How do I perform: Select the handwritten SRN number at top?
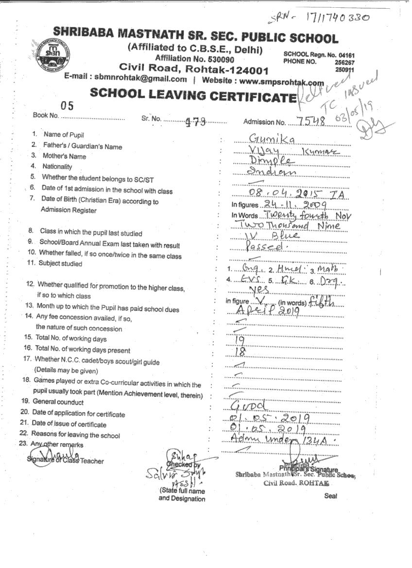tap(321, 18)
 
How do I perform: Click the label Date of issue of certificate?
tap(69, 425)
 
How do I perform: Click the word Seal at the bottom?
tap(330, 496)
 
